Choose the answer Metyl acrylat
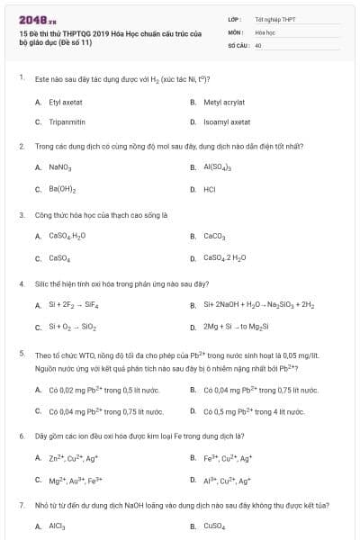click(225, 103)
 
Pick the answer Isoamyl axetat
click(227, 121)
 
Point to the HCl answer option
click(210, 190)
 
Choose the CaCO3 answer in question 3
click(214, 237)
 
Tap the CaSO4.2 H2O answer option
click(224, 258)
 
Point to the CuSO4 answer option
click(213, 526)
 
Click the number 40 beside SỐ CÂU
click(258, 44)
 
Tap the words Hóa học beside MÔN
click(265, 31)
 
